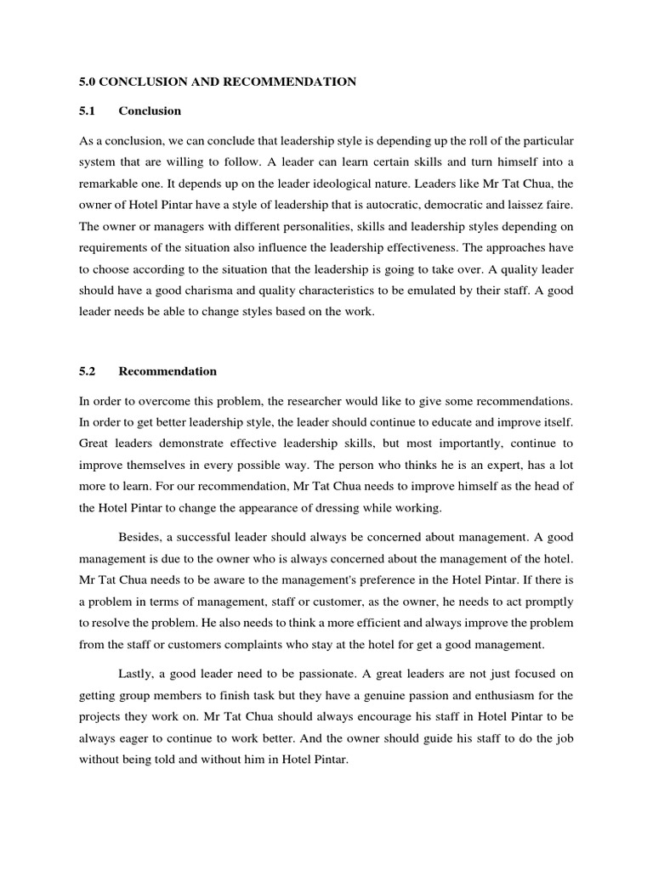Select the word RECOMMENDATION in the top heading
(x=289, y=82)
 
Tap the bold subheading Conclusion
(x=150, y=110)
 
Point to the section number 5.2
(x=88, y=371)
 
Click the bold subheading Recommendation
(x=168, y=371)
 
